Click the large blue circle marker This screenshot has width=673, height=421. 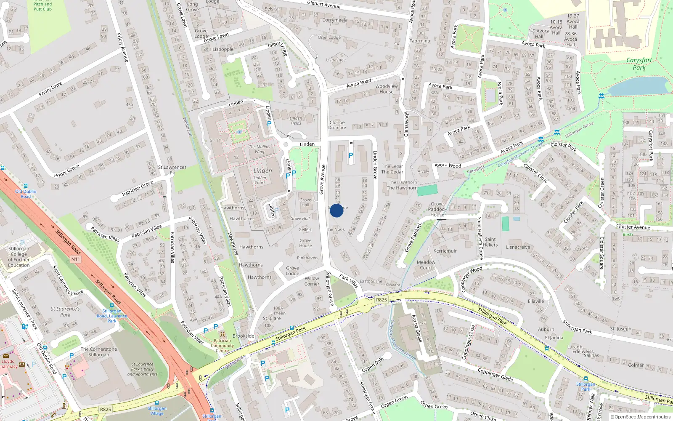click(x=336, y=210)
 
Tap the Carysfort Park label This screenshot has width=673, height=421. click(x=639, y=64)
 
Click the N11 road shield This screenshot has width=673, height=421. click(x=75, y=259)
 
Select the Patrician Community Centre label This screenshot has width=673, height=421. click(x=222, y=346)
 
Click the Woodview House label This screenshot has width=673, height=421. click(x=387, y=89)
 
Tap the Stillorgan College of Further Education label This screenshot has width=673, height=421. click(x=19, y=257)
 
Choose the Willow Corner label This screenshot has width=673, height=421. click(x=312, y=281)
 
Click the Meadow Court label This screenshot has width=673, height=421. click(x=426, y=265)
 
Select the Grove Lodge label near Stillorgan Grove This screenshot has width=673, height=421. click(x=292, y=271)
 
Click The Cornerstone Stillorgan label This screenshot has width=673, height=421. click(x=99, y=352)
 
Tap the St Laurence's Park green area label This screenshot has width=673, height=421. click(x=65, y=312)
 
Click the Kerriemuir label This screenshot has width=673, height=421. click(x=445, y=251)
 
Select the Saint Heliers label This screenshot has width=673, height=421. click(x=490, y=242)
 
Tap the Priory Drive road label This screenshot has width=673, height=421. click(x=50, y=89)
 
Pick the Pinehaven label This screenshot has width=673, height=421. click(x=307, y=258)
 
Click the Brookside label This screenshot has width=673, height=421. click(x=243, y=336)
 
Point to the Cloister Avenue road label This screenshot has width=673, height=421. click(x=633, y=227)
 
